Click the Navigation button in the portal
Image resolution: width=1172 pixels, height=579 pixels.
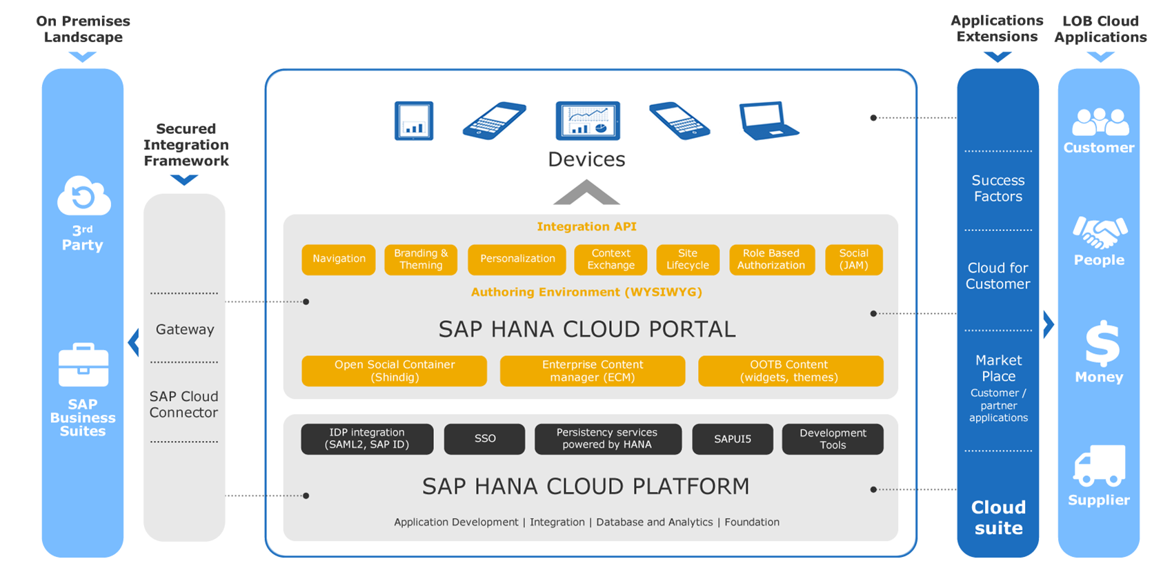pyautogui.click(x=339, y=259)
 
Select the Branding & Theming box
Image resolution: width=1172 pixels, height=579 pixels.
pyautogui.click(x=421, y=259)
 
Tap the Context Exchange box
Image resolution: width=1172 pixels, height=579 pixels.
pyautogui.click(x=610, y=259)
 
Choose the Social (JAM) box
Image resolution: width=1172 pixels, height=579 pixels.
pyautogui.click(x=854, y=259)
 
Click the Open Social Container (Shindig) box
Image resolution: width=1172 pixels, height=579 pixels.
pyautogui.click(x=395, y=371)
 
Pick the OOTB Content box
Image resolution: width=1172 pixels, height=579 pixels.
pyautogui.click(x=791, y=371)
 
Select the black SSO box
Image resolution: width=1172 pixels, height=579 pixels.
pyautogui.click(x=484, y=439)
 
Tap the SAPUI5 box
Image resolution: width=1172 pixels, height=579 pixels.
pyautogui.click(x=733, y=439)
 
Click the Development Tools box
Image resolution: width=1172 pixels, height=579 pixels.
pyautogui.click(x=833, y=439)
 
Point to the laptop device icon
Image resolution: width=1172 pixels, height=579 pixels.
pyautogui.click(x=768, y=121)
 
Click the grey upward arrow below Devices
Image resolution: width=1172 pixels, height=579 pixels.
pyautogui.click(x=586, y=192)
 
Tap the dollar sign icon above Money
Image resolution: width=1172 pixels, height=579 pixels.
pyautogui.click(x=1102, y=344)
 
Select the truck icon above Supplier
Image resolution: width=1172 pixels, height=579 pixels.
pyautogui.click(x=1100, y=466)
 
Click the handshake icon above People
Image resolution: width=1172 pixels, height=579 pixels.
pyautogui.click(x=1100, y=232)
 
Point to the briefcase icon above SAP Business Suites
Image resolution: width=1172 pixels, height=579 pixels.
pyautogui.click(x=83, y=365)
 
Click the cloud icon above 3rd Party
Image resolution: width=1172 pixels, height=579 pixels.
pyautogui.click(x=83, y=196)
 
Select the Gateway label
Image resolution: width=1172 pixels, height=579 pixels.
pyautogui.click(x=186, y=329)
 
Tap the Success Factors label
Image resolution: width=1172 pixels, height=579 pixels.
pyautogui.click(x=997, y=188)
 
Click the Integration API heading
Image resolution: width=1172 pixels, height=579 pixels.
pyautogui.click(x=586, y=226)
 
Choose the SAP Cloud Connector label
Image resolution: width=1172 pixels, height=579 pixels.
pyautogui.click(x=183, y=404)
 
